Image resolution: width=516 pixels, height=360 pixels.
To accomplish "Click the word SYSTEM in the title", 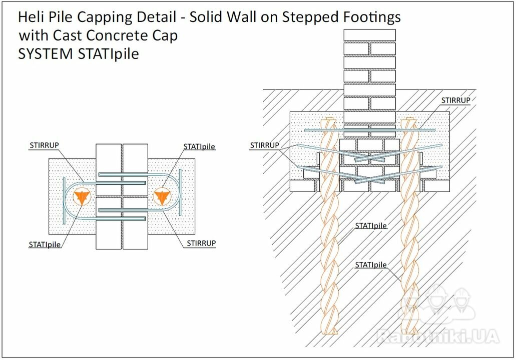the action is coord(46,54).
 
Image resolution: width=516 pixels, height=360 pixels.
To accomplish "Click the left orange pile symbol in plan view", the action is coord(81,196).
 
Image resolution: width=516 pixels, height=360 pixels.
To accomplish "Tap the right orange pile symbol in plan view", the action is coord(162,196).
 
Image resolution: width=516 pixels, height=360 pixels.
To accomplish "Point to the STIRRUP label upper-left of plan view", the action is coord(44,145).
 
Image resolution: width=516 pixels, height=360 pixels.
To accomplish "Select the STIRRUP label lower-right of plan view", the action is coord(201,243).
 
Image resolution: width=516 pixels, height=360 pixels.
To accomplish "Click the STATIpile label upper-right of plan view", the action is coord(199,146).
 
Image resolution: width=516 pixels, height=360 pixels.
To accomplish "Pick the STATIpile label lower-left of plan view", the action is coord(45,244).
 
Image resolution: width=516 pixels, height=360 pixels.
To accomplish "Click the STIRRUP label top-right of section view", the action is coord(455,100).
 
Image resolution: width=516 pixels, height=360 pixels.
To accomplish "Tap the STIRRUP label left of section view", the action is coord(264,145).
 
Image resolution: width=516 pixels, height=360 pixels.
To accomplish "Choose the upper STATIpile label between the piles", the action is coord(371,226).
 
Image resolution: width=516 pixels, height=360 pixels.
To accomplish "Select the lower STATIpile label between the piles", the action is coord(371,264).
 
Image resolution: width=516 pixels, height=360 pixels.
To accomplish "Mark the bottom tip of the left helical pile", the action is coord(330,333).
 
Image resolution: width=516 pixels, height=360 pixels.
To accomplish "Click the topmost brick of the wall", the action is coord(369,35).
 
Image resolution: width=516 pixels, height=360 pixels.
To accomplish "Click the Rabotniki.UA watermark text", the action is coord(438,336).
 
